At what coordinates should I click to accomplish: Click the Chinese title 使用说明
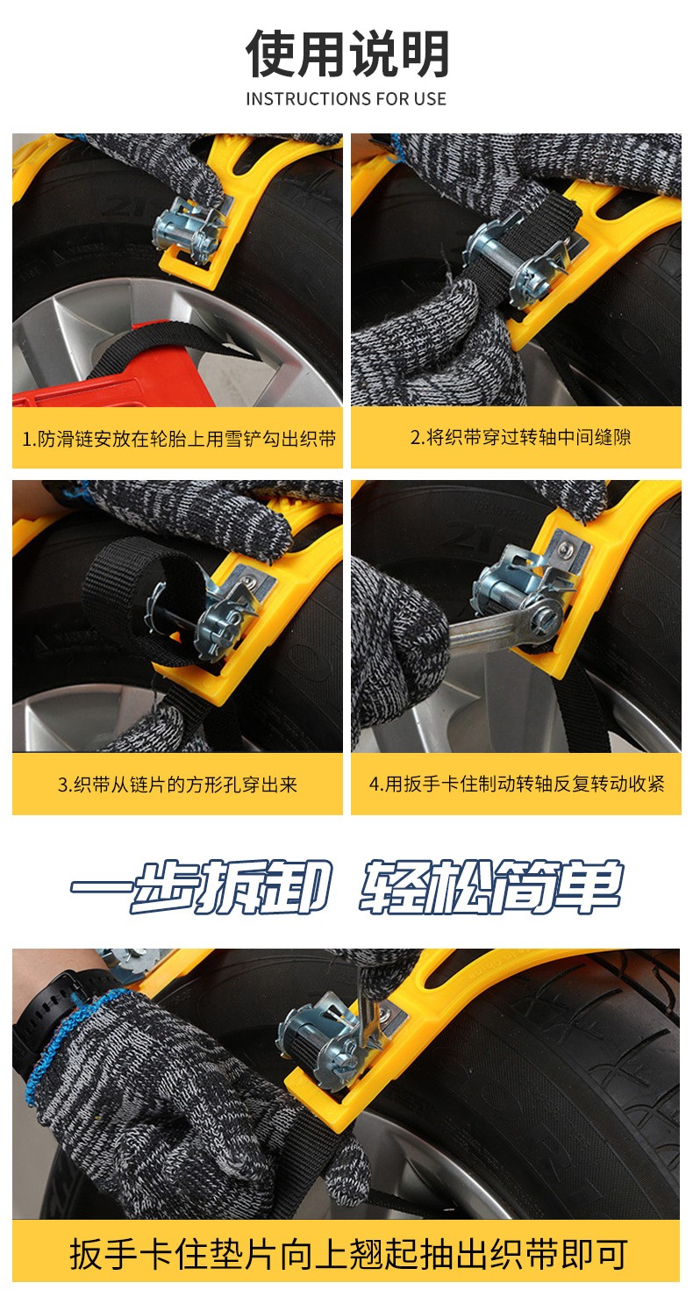click(346, 54)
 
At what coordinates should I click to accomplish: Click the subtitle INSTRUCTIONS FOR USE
click(346, 99)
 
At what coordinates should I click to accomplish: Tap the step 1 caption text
click(179, 439)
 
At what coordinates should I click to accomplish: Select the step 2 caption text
click(521, 437)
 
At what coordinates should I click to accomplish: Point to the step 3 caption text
click(177, 785)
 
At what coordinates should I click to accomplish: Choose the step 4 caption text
click(517, 784)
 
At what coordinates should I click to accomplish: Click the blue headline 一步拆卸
click(201, 886)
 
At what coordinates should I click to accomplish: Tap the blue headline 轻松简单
click(490, 886)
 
